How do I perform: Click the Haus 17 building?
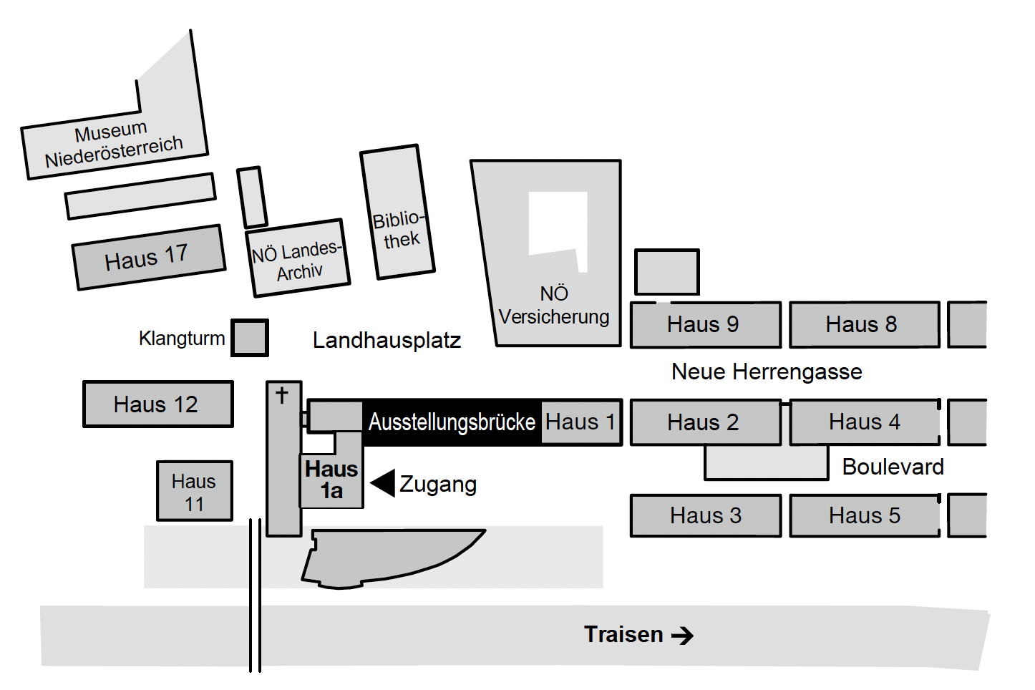[149, 258]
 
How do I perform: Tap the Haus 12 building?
[157, 404]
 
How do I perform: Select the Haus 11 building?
[194, 491]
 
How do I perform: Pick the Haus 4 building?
[864, 422]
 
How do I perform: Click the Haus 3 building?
[705, 515]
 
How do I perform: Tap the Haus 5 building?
[864, 515]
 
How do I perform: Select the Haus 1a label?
[331, 480]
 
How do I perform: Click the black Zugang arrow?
[383, 483]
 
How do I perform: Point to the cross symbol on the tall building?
[282, 394]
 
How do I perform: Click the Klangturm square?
[250, 338]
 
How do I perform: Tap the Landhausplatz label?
[387, 340]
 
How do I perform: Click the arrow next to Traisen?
[683, 636]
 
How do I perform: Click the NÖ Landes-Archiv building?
[298, 258]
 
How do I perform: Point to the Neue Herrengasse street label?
[767, 372]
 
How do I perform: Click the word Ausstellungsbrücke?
[452, 422]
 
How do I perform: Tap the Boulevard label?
[893, 467]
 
